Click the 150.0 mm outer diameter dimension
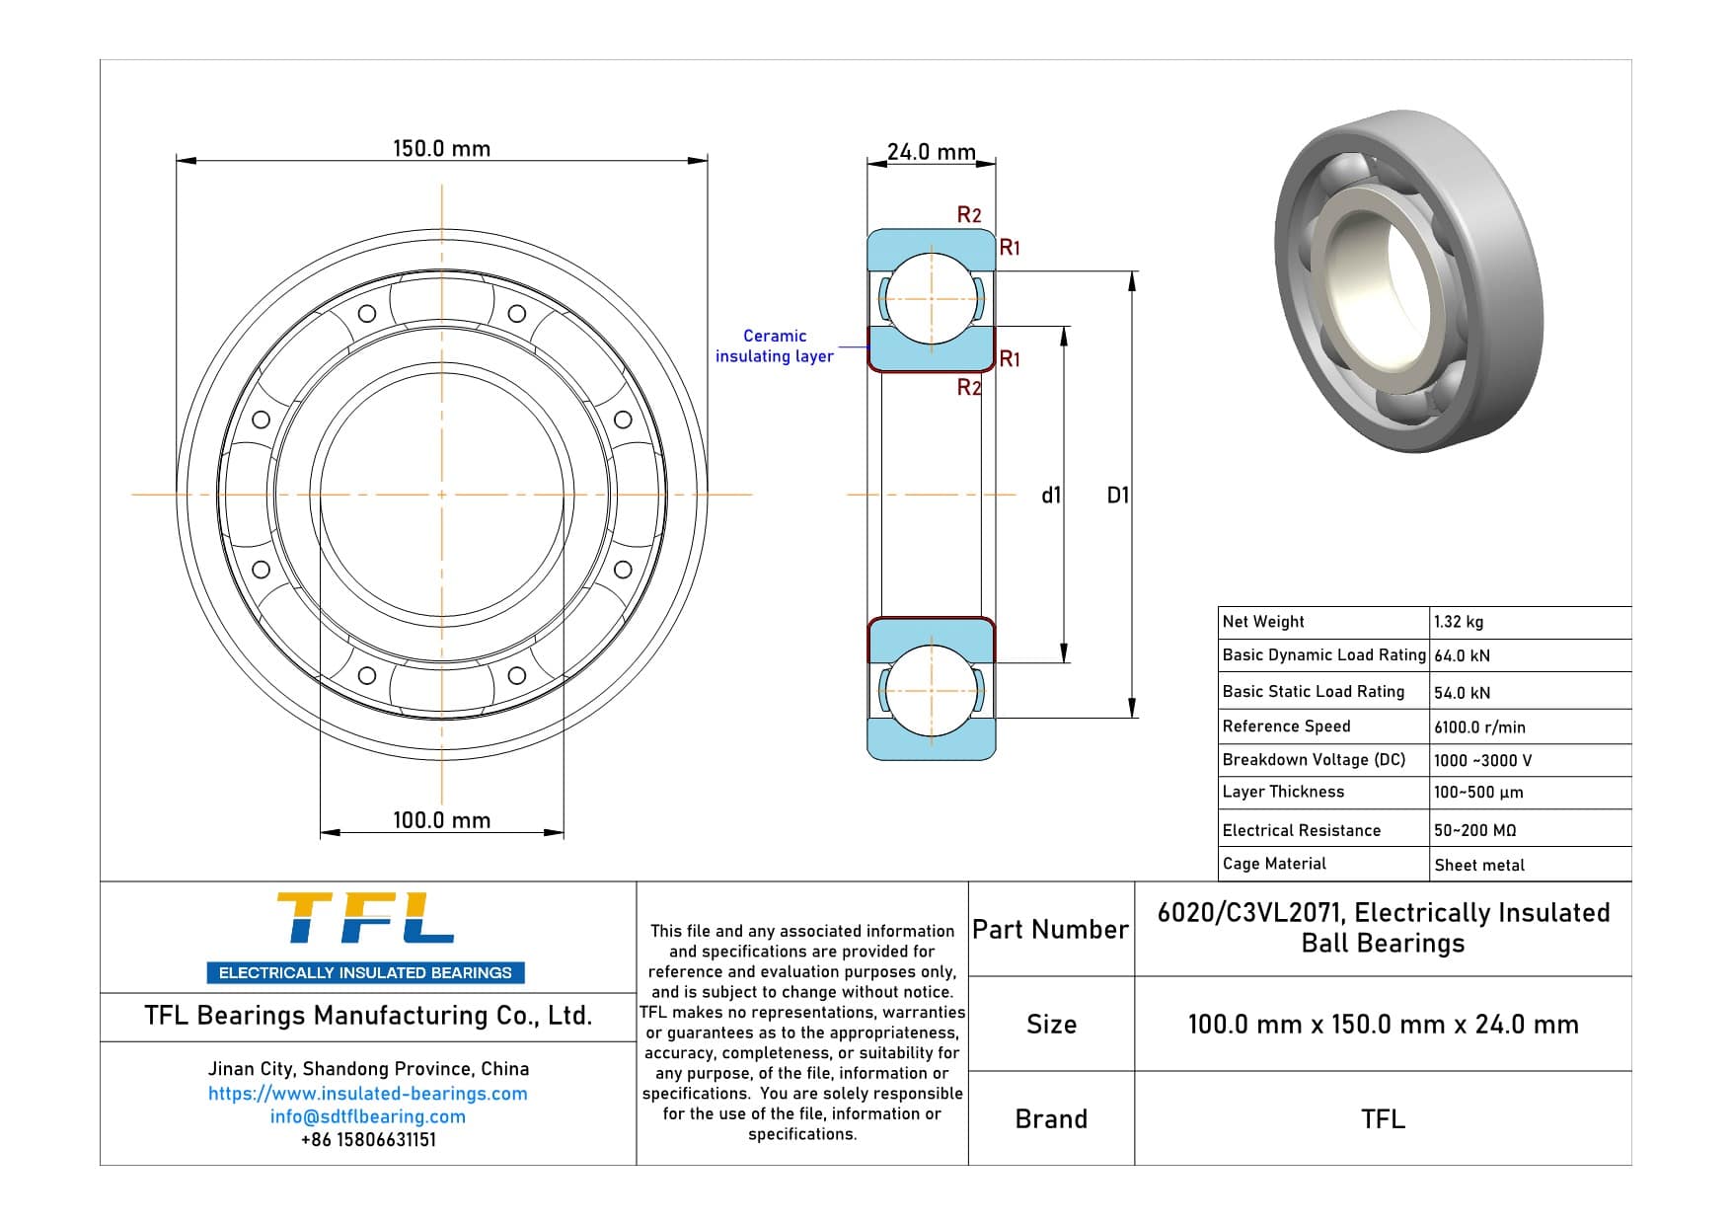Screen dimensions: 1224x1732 coord(441,149)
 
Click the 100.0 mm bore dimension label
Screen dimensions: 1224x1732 coord(441,820)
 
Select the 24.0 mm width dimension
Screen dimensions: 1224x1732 coord(930,152)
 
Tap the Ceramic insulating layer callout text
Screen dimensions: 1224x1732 coord(775,346)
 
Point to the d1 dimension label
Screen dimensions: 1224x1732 coord(1051,496)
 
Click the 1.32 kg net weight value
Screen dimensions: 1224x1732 coord(1459,622)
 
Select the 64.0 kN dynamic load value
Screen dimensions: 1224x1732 coord(1462,655)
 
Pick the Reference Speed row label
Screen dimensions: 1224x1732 coord(1286,727)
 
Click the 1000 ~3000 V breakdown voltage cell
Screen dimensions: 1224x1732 coord(1482,760)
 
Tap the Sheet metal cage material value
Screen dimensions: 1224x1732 coord(1479,865)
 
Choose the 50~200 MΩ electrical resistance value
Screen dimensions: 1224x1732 coord(1474,830)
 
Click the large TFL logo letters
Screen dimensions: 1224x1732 coord(365,919)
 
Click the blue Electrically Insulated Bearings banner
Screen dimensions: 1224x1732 coord(365,972)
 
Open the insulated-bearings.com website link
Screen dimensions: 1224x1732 coord(367,1094)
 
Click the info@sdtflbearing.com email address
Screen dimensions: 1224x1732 coord(367,1116)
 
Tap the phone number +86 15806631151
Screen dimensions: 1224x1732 coord(367,1139)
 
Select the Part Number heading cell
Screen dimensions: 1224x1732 coord(1050,930)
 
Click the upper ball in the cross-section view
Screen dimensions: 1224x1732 coord(931,298)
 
